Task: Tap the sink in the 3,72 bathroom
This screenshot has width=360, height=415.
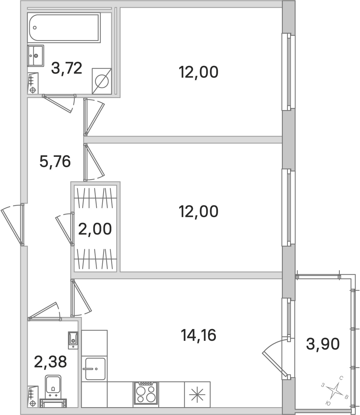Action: click(36, 55)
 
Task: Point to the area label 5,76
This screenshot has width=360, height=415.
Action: click(55, 161)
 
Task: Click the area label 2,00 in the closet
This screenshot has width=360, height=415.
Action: click(95, 229)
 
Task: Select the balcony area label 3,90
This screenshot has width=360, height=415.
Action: click(323, 344)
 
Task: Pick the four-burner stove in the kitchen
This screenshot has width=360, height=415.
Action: click(146, 393)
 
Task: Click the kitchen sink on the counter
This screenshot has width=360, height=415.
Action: click(95, 369)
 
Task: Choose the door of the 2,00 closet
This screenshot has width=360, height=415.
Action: click(65, 229)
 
